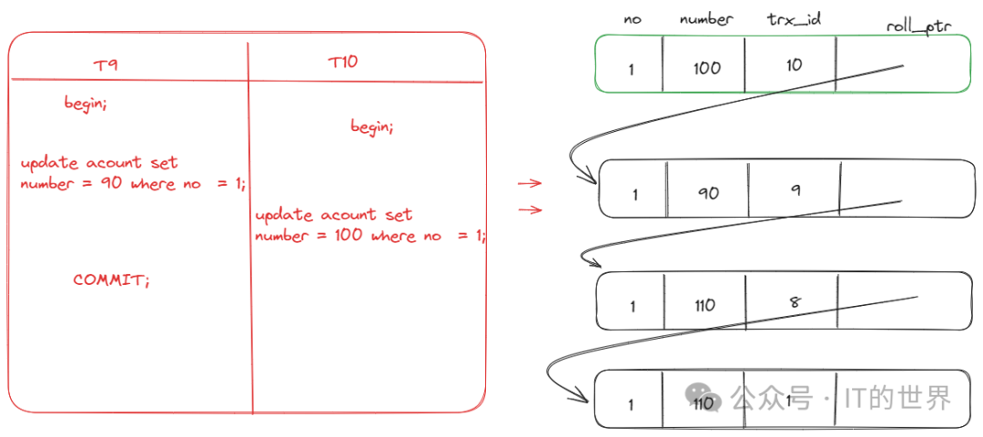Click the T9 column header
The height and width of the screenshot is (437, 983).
point(106,65)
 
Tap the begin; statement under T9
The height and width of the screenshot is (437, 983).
point(86,103)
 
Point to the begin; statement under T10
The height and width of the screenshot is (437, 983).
point(372,127)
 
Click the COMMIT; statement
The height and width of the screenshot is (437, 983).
point(111,279)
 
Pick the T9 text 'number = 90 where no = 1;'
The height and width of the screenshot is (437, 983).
point(133,184)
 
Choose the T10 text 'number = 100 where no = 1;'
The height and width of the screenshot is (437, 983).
point(370,236)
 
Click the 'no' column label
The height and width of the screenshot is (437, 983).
point(633,18)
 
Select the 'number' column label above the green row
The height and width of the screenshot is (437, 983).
point(705,18)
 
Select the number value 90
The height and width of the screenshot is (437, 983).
point(707,193)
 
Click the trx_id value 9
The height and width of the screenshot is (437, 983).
point(796,189)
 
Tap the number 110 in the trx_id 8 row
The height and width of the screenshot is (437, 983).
point(705,306)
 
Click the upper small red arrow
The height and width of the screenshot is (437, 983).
point(530,183)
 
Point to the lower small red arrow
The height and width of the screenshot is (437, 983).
point(530,210)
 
